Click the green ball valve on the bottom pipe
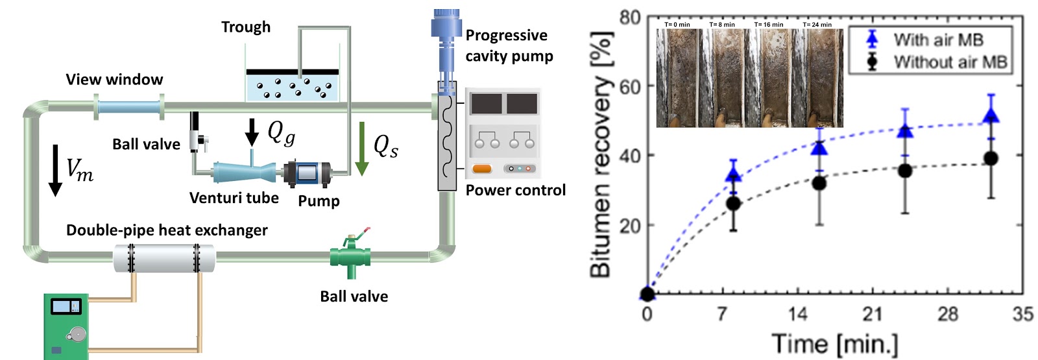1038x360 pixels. (350, 256)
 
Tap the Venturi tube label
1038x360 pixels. (234, 198)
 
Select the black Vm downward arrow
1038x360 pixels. (56, 171)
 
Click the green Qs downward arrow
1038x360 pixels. (361, 149)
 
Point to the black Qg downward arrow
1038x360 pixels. (252, 132)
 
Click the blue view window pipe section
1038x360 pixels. (129, 108)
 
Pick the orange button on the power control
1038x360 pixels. (481, 169)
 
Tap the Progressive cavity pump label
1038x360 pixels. (509, 45)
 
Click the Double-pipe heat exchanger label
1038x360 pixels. (167, 230)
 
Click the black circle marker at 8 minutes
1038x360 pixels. (733, 204)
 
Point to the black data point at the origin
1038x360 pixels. (647, 294)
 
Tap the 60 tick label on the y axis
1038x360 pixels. (629, 86)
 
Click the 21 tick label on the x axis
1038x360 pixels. (872, 314)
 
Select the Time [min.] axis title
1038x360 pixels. (834, 344)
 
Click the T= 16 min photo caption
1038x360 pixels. (769, 24)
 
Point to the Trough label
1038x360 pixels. (246, 27)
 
